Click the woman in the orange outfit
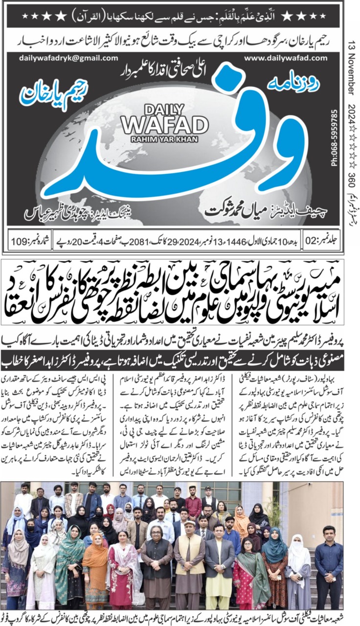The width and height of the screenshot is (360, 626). (95, 572)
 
